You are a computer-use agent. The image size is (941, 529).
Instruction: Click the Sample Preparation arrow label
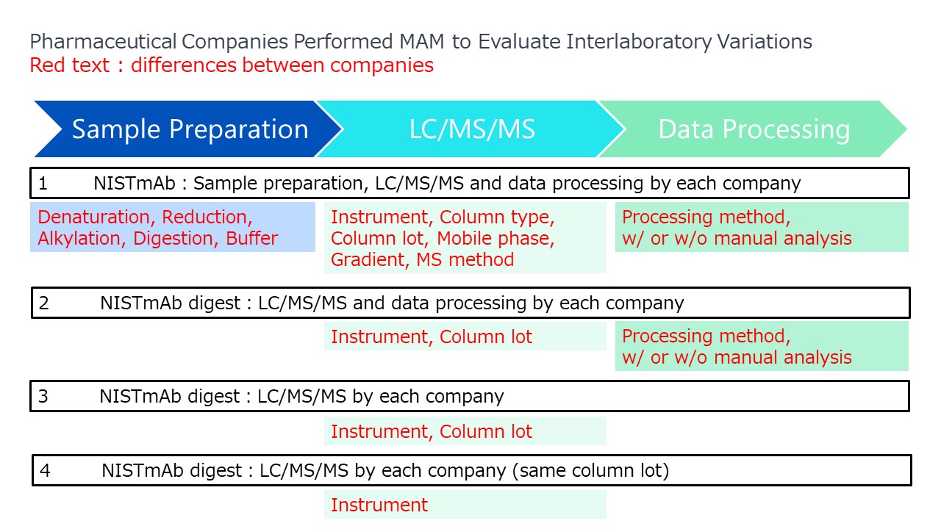[190, 129]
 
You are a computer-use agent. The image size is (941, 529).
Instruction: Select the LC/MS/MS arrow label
[472, 129]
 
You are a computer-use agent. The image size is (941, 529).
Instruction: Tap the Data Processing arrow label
[754, 129]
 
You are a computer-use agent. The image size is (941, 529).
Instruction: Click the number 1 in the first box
[43, 184]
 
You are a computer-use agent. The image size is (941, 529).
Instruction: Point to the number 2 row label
[43, 303]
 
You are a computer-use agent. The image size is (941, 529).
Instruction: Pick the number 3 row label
[43, 396]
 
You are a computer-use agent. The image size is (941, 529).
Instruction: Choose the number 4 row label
[45, 471]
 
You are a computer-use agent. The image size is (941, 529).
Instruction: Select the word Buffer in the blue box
[251, 239]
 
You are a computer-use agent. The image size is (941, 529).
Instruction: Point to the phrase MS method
[465, 260]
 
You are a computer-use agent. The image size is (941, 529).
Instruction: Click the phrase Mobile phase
[495, 239]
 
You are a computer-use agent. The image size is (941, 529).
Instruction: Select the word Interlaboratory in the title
[639, 42]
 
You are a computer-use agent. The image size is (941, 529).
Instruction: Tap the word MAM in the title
[422, 42]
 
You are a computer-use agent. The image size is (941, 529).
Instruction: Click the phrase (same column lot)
[590, 471]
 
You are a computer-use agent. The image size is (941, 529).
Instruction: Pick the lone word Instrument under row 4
[379, 505]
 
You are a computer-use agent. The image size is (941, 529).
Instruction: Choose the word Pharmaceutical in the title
[103, 42]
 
